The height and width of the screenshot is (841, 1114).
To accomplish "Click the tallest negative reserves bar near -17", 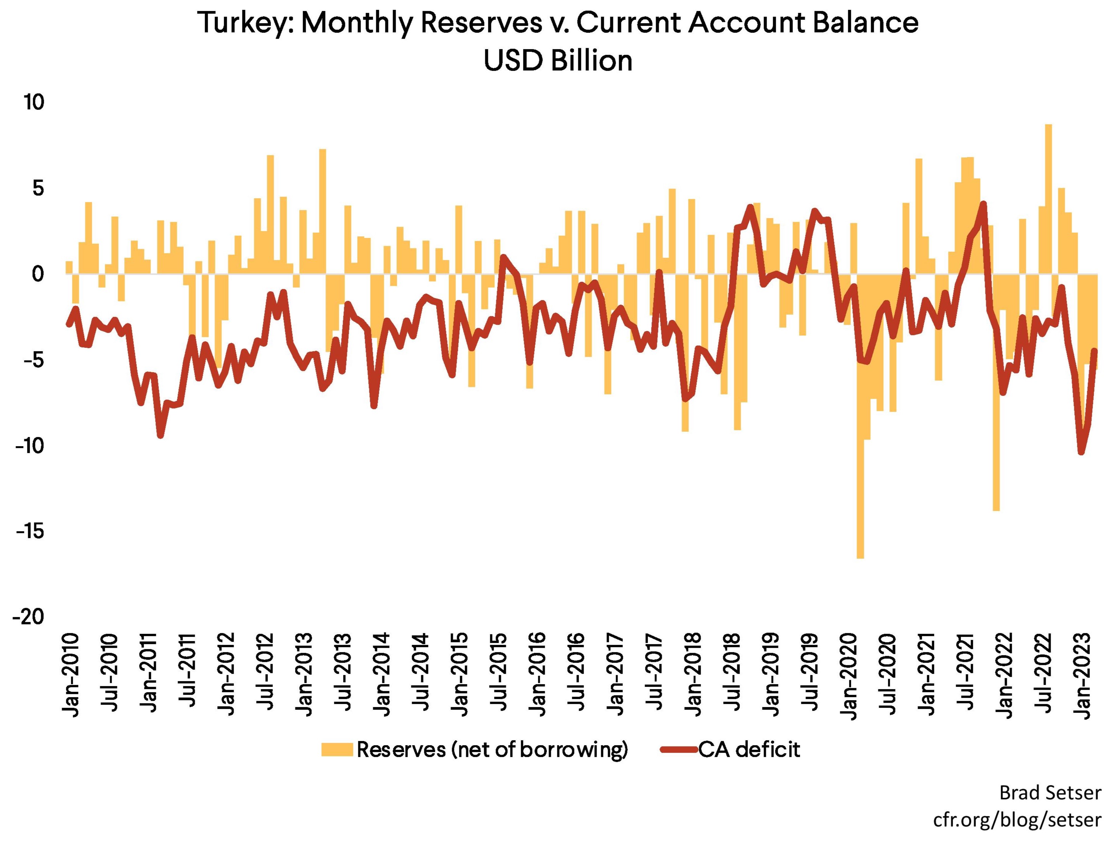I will point(860,418).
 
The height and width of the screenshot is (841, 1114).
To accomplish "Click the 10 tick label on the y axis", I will point(34,103).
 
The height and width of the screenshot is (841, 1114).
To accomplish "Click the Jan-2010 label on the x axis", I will point(72,675).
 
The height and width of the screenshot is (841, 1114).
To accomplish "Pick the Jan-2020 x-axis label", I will point(849,675).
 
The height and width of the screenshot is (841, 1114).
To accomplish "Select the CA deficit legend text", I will point(749,750).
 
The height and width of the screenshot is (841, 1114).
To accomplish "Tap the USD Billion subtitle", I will point(557,61).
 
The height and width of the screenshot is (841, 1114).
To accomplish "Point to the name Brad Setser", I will point(1050,793).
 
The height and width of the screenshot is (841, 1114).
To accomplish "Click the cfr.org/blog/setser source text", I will point(1017,819).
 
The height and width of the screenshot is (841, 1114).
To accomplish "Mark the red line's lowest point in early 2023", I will point(1081,452).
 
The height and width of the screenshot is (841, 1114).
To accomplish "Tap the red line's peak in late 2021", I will point(983,204).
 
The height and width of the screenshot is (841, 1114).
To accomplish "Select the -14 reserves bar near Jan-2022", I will point(996,393).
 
